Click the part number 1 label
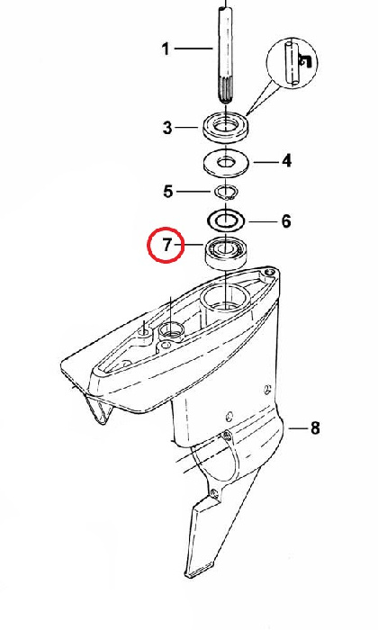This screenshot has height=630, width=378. (165, 49)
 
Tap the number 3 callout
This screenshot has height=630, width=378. (167, 128)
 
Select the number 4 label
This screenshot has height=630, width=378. (286, 161)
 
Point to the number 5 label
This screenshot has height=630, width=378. (168, 191)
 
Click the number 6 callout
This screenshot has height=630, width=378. (285, 221)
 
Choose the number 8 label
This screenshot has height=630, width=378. (315, 428)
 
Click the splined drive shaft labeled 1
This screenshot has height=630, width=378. (225, 60)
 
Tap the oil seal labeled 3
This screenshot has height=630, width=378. (227, 128)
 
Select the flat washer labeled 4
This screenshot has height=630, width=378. (226, 164)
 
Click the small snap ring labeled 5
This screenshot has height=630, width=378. (226, 192)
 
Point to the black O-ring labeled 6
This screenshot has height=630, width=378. (226, 220)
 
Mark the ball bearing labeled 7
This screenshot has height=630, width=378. (226, 253)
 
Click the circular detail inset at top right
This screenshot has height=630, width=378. (292, 64)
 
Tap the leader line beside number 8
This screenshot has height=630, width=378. (297, 428)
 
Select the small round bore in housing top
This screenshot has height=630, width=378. (172, 331)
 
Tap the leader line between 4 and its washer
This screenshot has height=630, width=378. (265, 162)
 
